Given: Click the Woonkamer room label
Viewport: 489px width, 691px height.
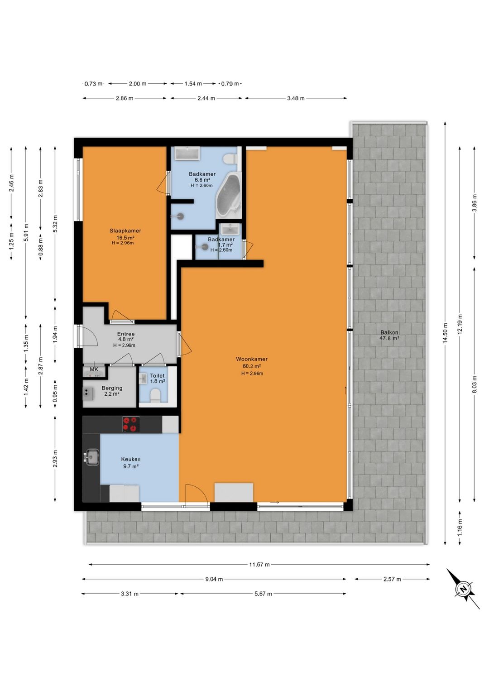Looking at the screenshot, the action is (251, 359).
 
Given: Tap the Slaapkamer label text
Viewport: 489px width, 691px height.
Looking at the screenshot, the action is (125, 231).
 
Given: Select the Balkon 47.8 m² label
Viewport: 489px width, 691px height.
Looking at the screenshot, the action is (389, 336).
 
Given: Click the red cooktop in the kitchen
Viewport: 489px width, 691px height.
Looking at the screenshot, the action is (131, 424).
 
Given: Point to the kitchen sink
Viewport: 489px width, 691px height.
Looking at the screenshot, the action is (91, 457).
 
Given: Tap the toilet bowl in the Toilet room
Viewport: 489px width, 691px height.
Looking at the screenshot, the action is (154, 395).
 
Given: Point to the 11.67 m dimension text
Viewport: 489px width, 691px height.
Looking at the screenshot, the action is (259, 565).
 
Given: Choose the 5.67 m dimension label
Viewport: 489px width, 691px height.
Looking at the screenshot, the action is (263, 594).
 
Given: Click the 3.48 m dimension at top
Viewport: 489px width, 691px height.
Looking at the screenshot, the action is (296, 98).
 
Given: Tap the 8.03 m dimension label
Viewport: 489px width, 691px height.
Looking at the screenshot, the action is (474, 384).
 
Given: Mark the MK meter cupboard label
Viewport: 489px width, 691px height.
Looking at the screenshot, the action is (94, 369).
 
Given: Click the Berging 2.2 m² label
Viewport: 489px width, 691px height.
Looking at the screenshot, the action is (112, 391).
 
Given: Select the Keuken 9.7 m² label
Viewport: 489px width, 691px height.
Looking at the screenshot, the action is (131, 463).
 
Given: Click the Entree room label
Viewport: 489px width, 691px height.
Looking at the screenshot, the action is (126, 334).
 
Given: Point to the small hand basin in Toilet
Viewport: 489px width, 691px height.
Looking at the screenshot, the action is (143, 379).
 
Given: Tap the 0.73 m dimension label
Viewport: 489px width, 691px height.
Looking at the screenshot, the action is (93, 84).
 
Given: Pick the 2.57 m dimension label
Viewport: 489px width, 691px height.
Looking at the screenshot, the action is (392, 579).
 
